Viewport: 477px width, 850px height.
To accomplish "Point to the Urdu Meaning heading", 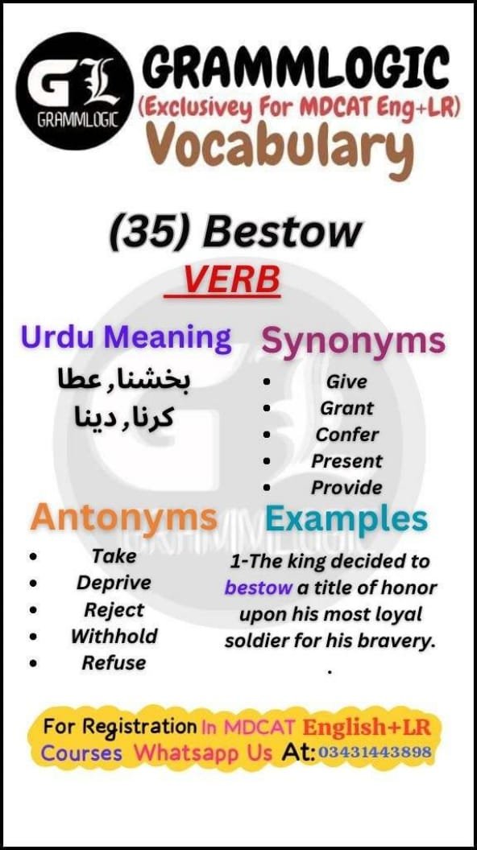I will pyautogui.click(x=127, y=337).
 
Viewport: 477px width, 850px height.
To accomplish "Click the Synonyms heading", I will pyautogui.click(x=353, y=341).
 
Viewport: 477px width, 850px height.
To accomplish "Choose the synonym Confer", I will pyautogui.click(x=347, y=434).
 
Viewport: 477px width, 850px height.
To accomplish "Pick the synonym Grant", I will pyautogui.click(x=347, y=408).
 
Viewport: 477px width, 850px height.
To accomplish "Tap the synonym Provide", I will pyautogui.click(x=347, y=487).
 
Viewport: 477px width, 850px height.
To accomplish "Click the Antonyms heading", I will pyautogui.click(x=124, y=517).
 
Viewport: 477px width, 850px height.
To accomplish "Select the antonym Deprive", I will pyautogui.click(x=114, y=582).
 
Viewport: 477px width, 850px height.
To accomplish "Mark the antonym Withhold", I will pyautogui.click(x=114, y=636).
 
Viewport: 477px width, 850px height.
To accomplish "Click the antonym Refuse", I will pyautogui.click(x=114, y=662).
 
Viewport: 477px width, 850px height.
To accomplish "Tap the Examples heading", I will pyautogui.click(x=346, y=519).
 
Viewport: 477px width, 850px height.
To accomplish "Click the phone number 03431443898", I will pyautogui.click(x=375, y=753).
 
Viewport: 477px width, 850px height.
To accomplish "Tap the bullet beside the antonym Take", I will pyautogui.click(x=33, y=556).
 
